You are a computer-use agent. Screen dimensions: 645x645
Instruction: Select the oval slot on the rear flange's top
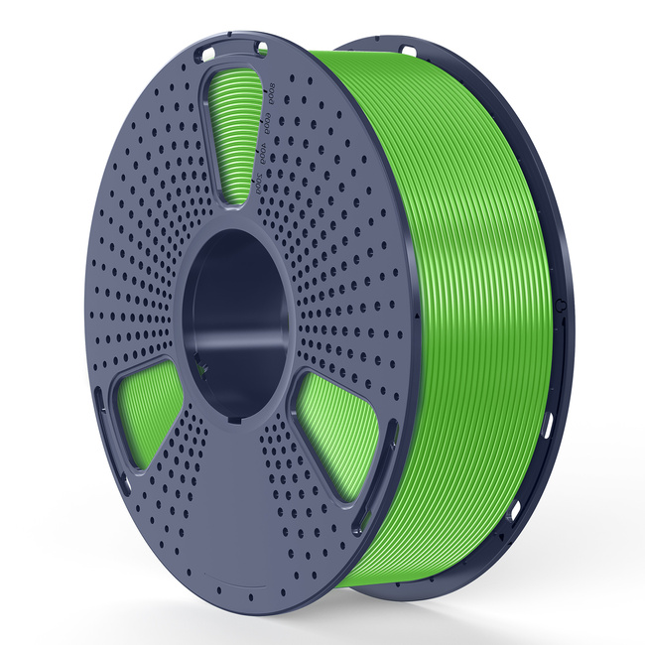click(x=408, y=49)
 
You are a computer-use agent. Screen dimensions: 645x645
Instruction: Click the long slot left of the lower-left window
click(x=99, y=407)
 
